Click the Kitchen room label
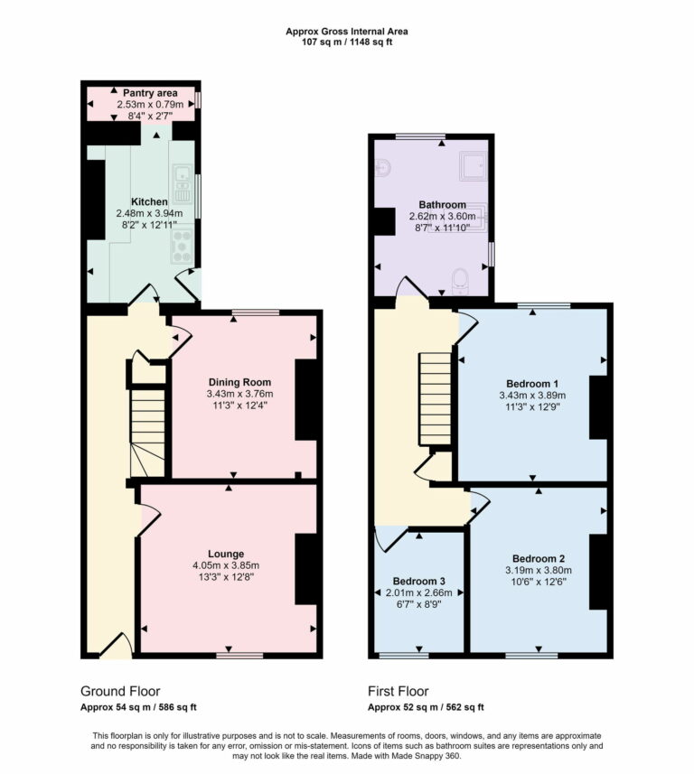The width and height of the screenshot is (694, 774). (x=149, y=201)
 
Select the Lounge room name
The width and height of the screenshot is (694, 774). (x=225, y=554)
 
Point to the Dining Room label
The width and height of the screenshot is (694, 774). (x=239, y=382)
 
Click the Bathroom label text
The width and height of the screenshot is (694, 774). (x=442, y=205)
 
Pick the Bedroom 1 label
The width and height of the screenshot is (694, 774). (x=532, y=382)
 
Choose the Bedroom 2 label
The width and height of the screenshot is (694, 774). (x=538, y=558)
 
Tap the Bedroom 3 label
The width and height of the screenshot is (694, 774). (x=419, y=581)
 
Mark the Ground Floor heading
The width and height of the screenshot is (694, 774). (x=120, y=692)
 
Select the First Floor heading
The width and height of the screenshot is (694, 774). (x=403, y=692)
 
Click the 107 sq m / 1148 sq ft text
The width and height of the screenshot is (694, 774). (x=346, y=42)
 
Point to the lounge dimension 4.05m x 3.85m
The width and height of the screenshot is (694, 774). (x=225, y=566)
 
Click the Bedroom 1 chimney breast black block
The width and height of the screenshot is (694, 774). (x=599, y=406)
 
